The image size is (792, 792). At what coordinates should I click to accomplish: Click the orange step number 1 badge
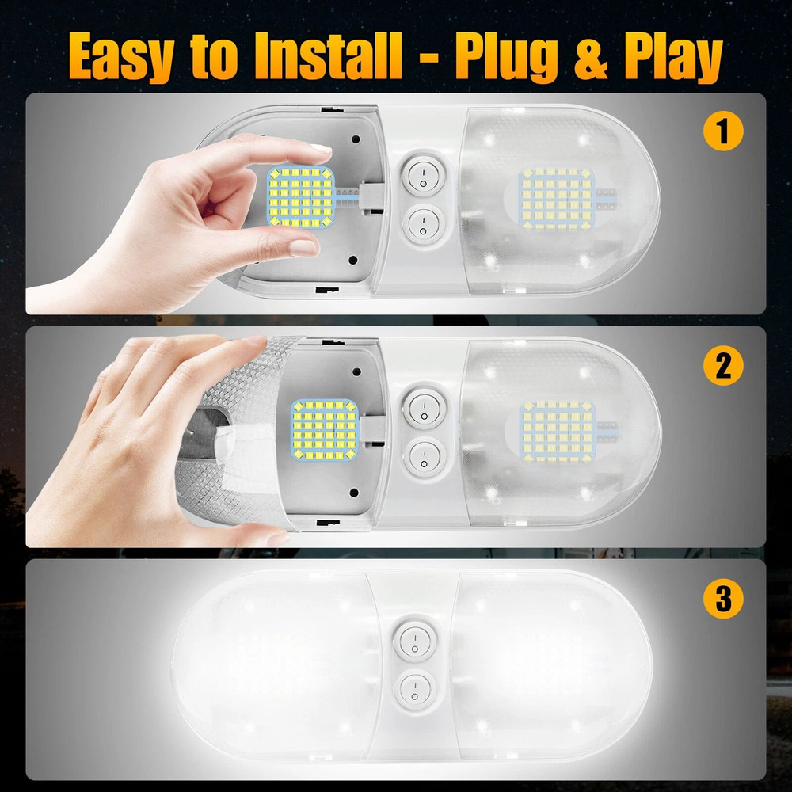722,131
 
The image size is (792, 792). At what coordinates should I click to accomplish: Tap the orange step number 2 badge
722,365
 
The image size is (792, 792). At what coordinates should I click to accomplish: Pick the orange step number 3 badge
722,599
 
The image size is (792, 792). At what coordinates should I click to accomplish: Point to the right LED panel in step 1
556,198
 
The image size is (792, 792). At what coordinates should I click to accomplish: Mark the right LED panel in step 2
557,430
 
